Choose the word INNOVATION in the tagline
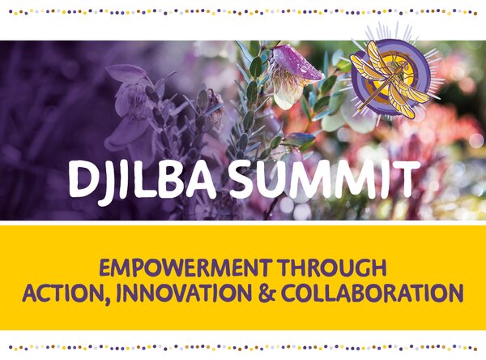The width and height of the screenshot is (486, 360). [x=184, y=293]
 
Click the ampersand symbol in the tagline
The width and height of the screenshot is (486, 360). [x=266, y=293]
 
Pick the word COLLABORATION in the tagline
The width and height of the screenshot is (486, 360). [x=373, y=293]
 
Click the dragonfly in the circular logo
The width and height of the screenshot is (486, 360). [x=390, y=80]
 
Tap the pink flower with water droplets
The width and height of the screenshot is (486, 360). [x=295, y=76]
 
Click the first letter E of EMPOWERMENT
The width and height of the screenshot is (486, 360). [x=104, y=268]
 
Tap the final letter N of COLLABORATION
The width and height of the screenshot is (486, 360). [x=456, y=293]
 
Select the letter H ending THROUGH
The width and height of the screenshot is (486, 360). [x=379, y=268]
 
